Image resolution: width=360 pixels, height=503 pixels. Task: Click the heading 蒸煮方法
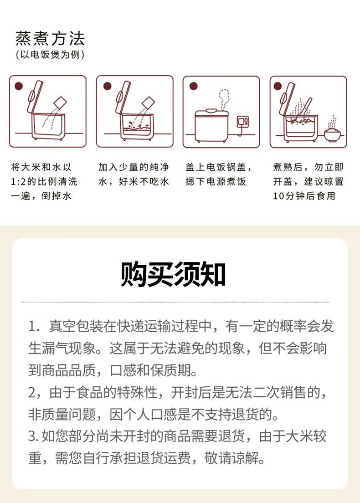click(x=50, y=39)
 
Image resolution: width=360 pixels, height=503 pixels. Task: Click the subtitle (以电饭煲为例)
click(x=50, y=55)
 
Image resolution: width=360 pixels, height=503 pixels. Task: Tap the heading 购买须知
click(x=173, y=274)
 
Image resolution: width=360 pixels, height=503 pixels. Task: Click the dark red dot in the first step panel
click(x=19, y=86)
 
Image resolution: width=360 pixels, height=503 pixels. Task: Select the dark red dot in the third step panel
click(x=194, y=86)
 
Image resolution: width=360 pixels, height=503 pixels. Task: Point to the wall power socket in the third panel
click(x=242, y=122)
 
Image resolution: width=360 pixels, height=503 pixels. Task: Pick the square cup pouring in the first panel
click(x=60, y=103)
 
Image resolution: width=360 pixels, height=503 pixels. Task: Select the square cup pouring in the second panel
click(x=148, y=103)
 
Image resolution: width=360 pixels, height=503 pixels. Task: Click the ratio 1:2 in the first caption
click(x=18, y=182)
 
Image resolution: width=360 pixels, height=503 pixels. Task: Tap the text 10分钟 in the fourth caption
click(x=289, y=196)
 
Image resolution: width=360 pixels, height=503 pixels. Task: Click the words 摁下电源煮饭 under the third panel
click(x=216, y=182)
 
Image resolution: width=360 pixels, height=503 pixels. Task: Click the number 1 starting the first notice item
click(x=31, y=327)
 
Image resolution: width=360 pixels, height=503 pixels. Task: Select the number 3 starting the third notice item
click(x=31, y=436)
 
